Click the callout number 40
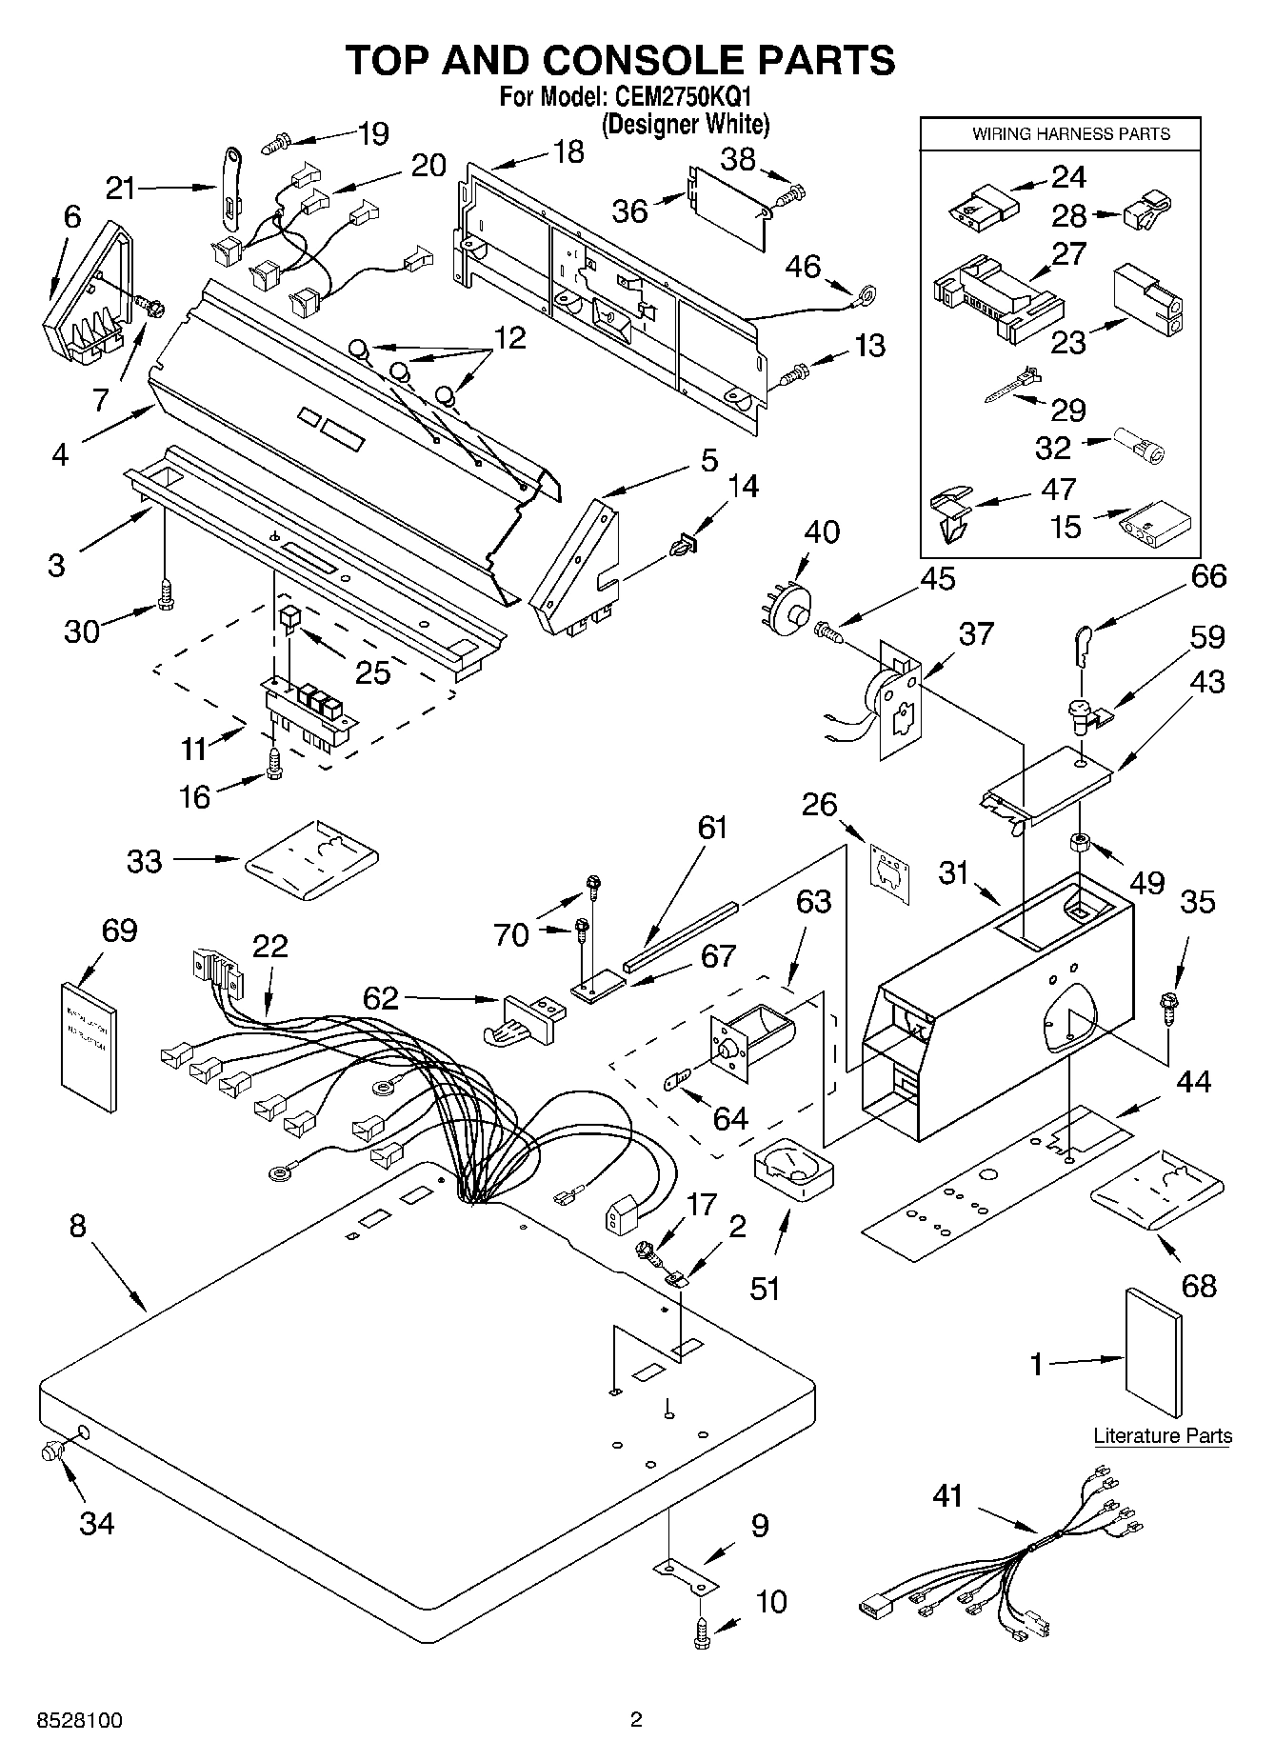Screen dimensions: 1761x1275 822,531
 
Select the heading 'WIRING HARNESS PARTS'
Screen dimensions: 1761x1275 1070,134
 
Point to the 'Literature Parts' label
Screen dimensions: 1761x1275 1162,1435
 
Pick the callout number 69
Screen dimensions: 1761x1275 118,930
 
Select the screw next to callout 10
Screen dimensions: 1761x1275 703,1634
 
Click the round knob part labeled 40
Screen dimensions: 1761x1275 790,606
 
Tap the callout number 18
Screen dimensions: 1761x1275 568,151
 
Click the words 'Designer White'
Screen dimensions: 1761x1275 686,124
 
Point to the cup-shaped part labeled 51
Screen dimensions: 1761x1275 792,1167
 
